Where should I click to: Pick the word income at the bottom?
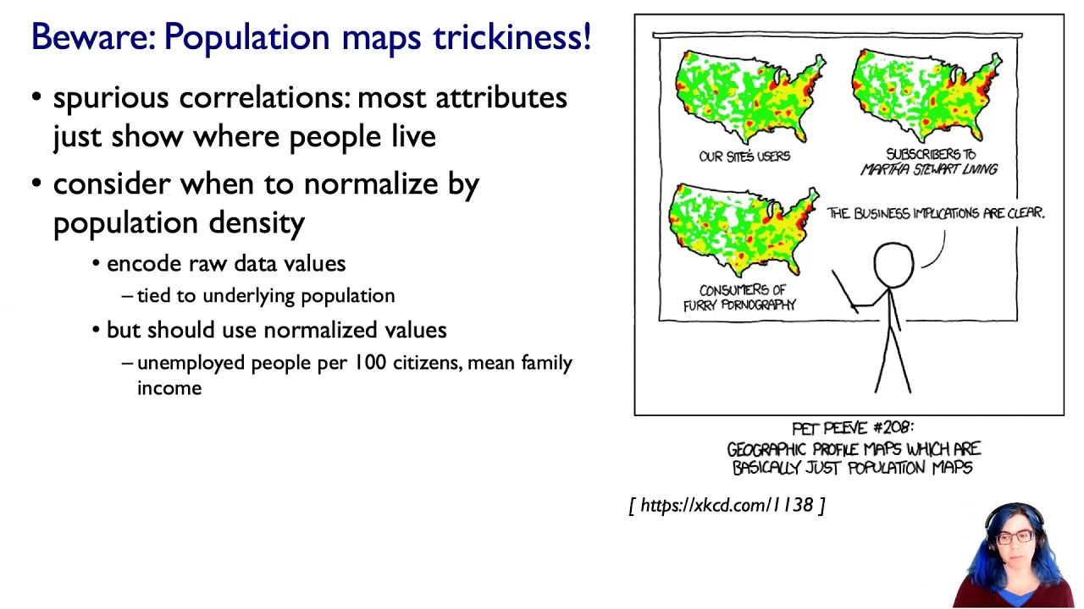click(169, 388)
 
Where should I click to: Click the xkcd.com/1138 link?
click(727, 505)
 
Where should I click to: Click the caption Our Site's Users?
click(744, 156)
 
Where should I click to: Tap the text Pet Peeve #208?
click(853, 428)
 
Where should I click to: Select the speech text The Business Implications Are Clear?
click(936, 214)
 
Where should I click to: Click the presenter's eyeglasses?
click(1017, 537)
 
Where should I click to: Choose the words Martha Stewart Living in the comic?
click(929, 169)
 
